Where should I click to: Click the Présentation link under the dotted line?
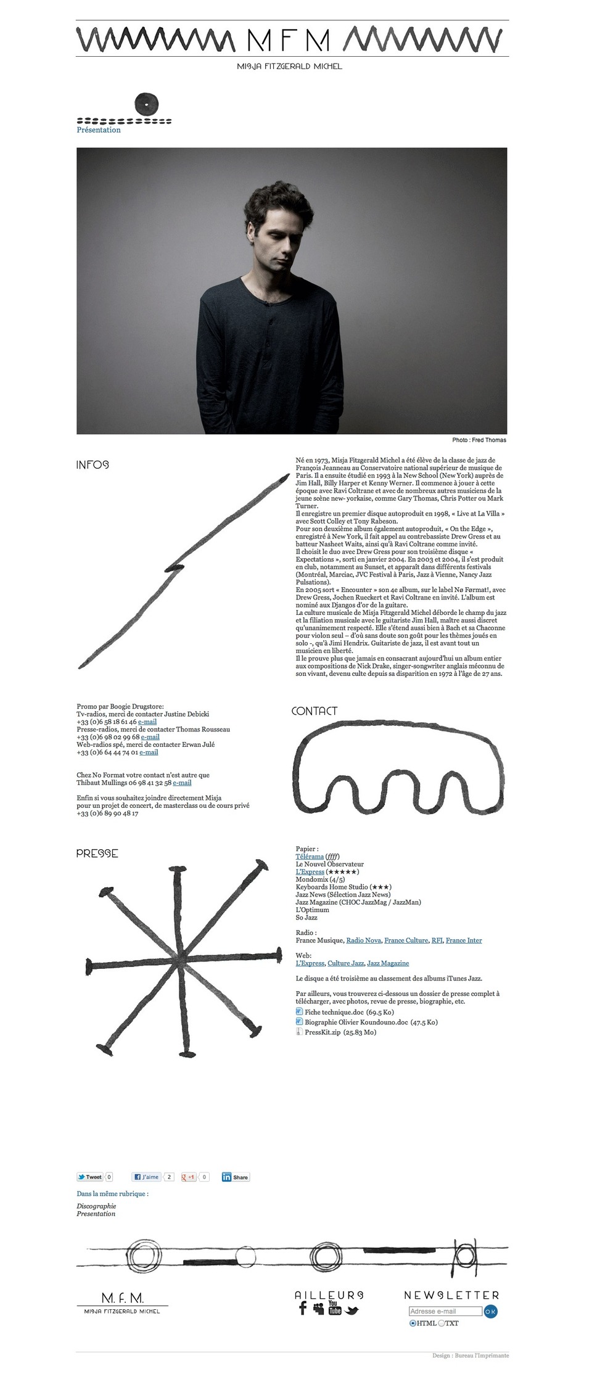point(99,130)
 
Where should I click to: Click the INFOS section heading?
point(92,465)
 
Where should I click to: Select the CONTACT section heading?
point(314,711)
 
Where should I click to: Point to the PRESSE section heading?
point(97,854)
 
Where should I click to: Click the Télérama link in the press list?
point(310,857)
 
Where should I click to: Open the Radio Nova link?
point(363,940)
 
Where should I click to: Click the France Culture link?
point(406,940)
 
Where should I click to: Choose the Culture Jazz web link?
point(345,963)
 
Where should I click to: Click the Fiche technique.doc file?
point(334,1012)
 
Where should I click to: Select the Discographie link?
point(96,1206)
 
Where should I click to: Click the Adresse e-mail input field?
point(445,1311)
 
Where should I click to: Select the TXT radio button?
point(442,1323)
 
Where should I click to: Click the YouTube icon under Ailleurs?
point(334,1307)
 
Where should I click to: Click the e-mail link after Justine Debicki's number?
point(147,722)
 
